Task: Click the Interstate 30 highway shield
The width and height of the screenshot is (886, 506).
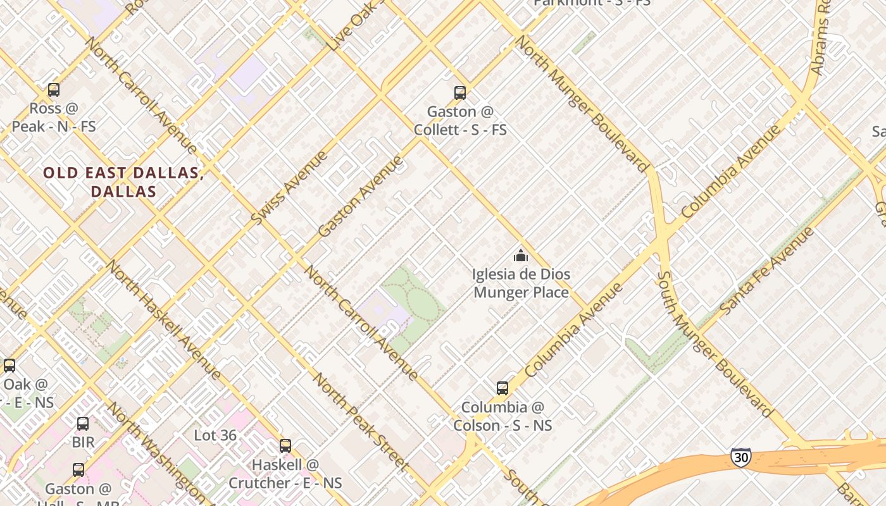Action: pyautogui.click(x=740, y=457)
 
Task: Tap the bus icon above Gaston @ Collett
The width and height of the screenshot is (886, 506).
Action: pyautogui.click(x=460, y=93)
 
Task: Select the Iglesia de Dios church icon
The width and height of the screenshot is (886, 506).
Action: pyautogui.click(x=521, y=256)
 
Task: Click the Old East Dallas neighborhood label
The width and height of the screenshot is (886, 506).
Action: pyautogui.click(x=123, y=182)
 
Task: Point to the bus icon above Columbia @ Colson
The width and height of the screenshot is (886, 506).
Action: pyautogui.click(x=502, y=388)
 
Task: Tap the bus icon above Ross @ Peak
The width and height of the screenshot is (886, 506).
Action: pyautogui.click(x=54, y=90)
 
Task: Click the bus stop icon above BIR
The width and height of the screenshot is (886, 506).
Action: pyautogui.click(x=83, y=423)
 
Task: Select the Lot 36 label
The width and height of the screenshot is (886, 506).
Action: pyautogui.click(x=215, y=435)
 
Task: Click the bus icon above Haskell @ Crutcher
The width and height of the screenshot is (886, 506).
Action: pyautogui.click(x=285, y=446)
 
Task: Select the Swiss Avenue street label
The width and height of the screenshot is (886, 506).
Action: pyautogui.click(x=289, y=187)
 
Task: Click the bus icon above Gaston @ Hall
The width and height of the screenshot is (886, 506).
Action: pyautogui.click(x=78, y=470)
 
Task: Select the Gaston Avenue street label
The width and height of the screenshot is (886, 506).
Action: pyautogui.click(x=360, y=196)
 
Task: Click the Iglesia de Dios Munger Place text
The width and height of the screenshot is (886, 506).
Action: pyautogui.click(x=521, y=283)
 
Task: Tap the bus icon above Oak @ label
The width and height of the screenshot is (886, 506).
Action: pyautogui.click(x=9, y=365)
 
